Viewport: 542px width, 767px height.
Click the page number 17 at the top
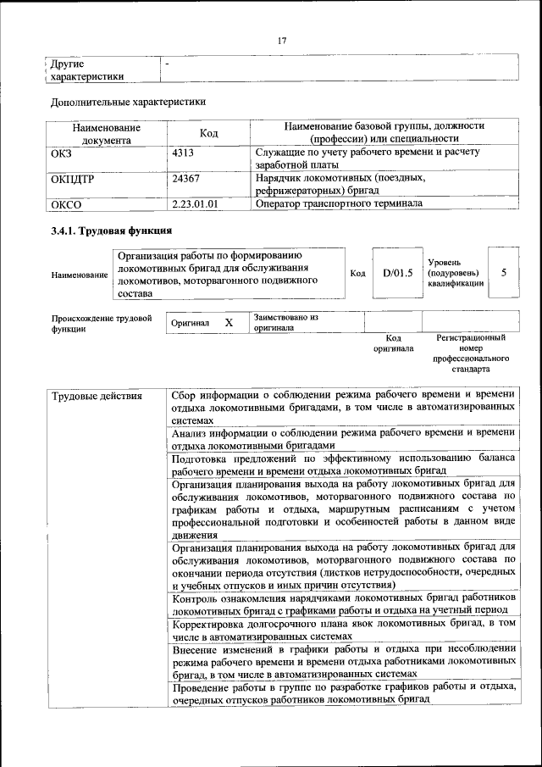pyautogui.click(x=283, y=40)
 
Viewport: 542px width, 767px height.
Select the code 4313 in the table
pyautogui.click(x=183, y=153)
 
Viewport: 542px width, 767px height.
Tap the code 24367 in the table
pyautogui.click(x=185, y=179)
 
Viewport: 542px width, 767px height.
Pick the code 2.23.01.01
pyautogui.click(x=195, y=203)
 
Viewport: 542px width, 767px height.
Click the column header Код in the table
pyautogui.click(x=208, y=133)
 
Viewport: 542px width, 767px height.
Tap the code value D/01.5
pyautogui.click(x=397, y=273)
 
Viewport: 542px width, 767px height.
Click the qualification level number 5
pyautogui.click(x=505, y=273)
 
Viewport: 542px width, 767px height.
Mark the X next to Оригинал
pyautogui.click(x=229, y=323)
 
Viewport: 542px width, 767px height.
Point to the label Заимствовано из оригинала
pyautogui.click(x=285, y=322)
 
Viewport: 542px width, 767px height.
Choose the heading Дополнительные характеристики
pyautogui.click(x=128, y=103)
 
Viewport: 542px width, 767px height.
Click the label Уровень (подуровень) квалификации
pyautogui.click(x=456, y=273)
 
